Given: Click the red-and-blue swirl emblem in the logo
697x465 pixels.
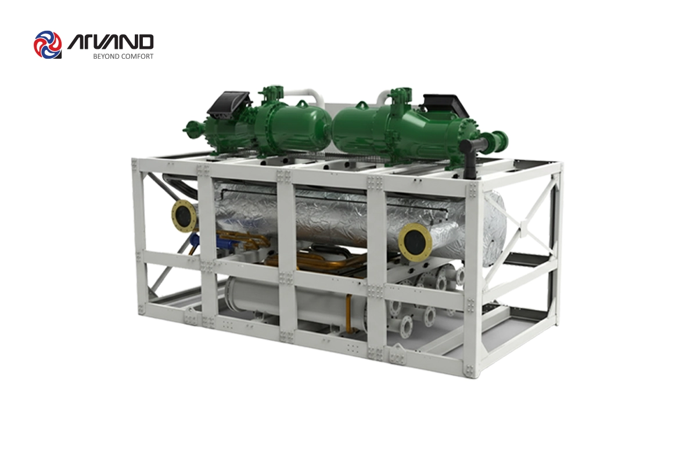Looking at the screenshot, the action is [x=48, y=45].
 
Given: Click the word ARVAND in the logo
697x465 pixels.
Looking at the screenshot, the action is [x=110, y=42].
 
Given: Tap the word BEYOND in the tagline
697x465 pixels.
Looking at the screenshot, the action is [x=106, y=56].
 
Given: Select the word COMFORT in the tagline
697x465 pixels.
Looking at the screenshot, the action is [x=137, y=56].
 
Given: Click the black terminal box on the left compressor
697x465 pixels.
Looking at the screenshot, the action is [x=228, y=104].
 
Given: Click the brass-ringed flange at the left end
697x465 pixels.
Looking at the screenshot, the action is [x=184, y=216].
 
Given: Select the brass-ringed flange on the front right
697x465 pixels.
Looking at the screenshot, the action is [x=415, y=240].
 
